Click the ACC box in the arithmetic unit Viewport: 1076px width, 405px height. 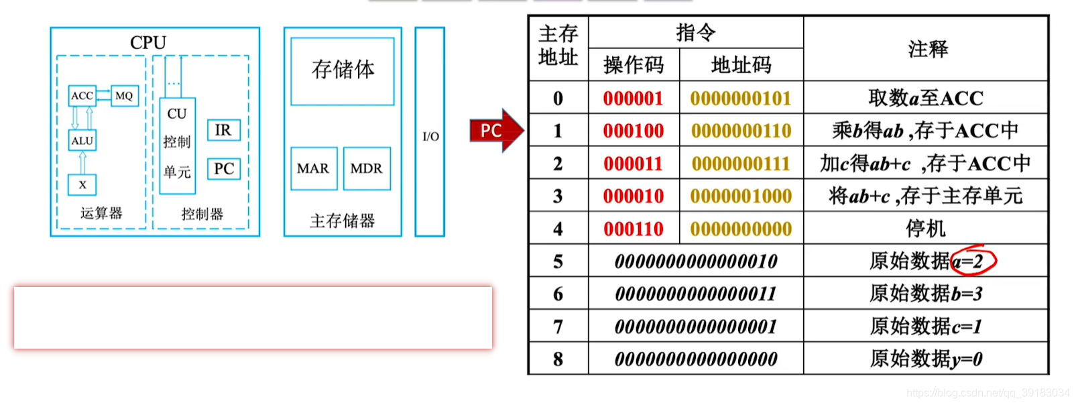tap(82, 96)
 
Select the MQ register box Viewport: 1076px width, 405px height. tap(124, 96)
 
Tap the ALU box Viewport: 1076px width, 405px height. tap(82, 141)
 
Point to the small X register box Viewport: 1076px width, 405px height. tap(82, 185)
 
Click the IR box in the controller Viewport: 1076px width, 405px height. tap(223, 130)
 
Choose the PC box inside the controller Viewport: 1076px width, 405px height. tap(223, 169)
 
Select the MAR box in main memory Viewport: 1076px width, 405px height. tap(313, 168)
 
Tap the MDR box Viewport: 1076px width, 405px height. tap(366, 168)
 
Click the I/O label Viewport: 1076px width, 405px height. tap(430, 137)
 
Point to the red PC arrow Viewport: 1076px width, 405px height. tap(495, 130)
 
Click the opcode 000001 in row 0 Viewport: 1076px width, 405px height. tap(633, 99)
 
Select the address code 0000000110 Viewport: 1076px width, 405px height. tap(741, 131)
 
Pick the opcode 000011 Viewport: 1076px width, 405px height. tap(633, 164)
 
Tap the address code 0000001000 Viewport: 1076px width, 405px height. tap(741, 196)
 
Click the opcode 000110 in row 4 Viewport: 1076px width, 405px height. tap(633, 229)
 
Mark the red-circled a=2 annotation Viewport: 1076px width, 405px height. tap(973, 261)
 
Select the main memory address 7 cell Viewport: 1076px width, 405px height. tap(558, 327)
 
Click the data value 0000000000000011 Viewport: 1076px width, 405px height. tap(695, 294)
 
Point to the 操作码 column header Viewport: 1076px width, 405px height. tap(633, 65)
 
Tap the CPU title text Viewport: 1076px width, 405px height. tap(148, 42)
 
